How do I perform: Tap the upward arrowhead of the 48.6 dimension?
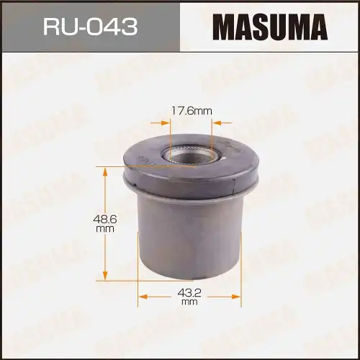pyautogui.click(x=106, y=170)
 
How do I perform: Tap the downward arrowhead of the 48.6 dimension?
pyautogui.click(x=106, y=278)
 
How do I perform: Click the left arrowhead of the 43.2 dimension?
pyautogui.click(x=143, y=294)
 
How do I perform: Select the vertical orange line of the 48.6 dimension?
pyautogui.click(x=106, y=245)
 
